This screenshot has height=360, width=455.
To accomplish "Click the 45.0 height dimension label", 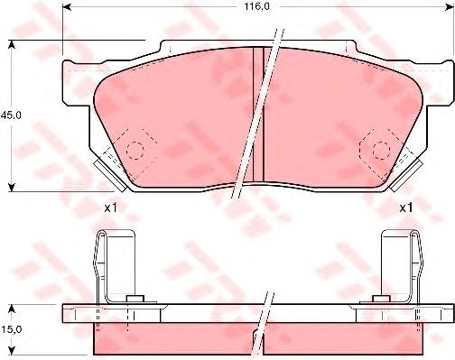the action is (11, 115).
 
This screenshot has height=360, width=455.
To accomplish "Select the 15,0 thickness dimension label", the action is (11, 329).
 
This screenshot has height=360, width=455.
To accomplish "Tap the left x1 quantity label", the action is (110, 208).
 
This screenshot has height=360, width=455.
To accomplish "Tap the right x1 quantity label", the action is (406, 208).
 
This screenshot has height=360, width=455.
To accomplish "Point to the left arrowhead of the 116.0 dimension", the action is (66, 6).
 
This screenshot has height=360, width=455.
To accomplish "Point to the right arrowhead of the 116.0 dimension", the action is (450, 6).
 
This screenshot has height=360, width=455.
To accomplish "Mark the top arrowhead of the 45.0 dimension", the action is (12, 44).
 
